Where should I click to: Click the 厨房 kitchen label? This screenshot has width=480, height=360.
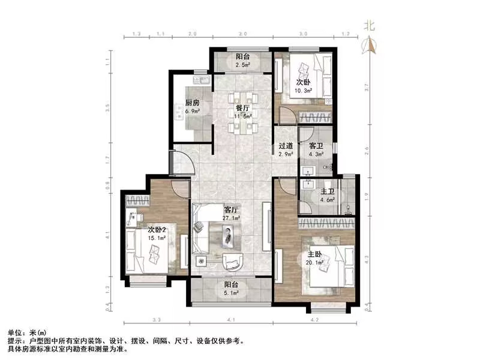coord(193,102)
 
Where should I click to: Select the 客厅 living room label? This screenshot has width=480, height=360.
coord(232,210)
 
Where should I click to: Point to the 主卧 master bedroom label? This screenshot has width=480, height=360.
coord(316,254)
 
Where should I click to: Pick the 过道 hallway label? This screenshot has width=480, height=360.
coord(286,146)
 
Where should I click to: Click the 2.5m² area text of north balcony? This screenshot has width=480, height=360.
coord(242,65)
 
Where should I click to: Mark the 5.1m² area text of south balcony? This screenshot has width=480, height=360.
coord(232,293)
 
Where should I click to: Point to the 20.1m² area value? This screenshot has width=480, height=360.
coord(316,262)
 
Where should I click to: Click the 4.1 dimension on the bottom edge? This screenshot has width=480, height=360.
coord(232,320)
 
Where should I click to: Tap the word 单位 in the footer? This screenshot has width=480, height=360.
coord(15,332)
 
